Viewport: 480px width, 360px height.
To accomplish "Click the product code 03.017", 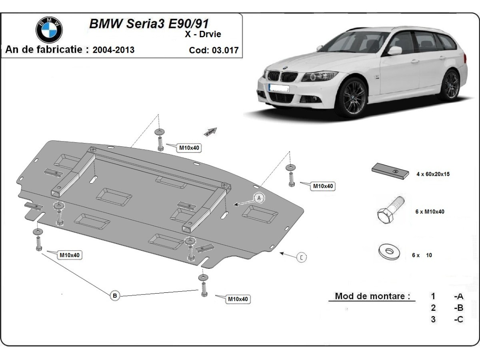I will point(214,50).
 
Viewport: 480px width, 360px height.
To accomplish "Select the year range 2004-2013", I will point(113,50).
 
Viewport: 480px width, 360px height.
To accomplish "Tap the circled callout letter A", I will point(259,198).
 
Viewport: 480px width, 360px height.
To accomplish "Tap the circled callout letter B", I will point(115,296).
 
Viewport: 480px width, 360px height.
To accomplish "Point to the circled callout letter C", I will point(302,257).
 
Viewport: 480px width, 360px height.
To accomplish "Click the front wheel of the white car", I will point(352,97).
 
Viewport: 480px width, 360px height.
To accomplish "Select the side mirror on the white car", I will point(394,50).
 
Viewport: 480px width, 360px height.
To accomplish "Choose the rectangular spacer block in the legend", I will point(390,171).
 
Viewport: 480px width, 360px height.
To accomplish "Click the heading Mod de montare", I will point(372,296).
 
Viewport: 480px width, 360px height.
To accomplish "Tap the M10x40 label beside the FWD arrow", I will point(189,148).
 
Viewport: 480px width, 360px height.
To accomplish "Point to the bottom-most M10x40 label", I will point(238,299).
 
